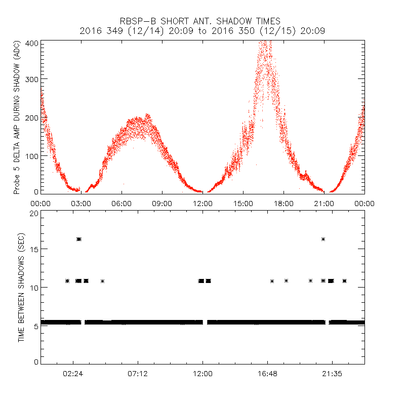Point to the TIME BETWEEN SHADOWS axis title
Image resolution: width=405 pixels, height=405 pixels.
pos(21,288)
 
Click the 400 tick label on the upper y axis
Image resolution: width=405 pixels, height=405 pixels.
pos(32,44)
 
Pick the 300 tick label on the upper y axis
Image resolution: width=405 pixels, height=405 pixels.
pos(32,79)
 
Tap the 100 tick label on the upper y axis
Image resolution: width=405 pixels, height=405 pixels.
pos(32,155)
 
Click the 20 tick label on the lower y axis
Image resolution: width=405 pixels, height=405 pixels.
pos(33,213)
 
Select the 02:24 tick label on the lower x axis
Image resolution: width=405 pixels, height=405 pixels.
pos(73,374)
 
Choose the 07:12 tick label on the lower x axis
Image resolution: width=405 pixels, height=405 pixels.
pos(138,374)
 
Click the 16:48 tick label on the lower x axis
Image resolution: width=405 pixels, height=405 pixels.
pos(267,374)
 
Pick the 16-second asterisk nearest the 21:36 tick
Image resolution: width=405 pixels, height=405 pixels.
pos(323,239)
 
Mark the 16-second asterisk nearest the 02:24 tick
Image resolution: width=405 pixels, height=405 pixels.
pos(78,239)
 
